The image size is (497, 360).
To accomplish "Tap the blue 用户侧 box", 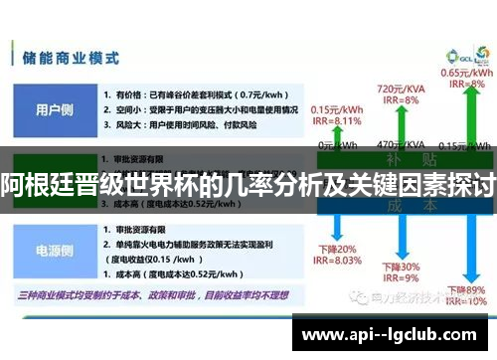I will [53, 108].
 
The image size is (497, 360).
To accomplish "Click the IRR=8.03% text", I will [335, 262].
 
